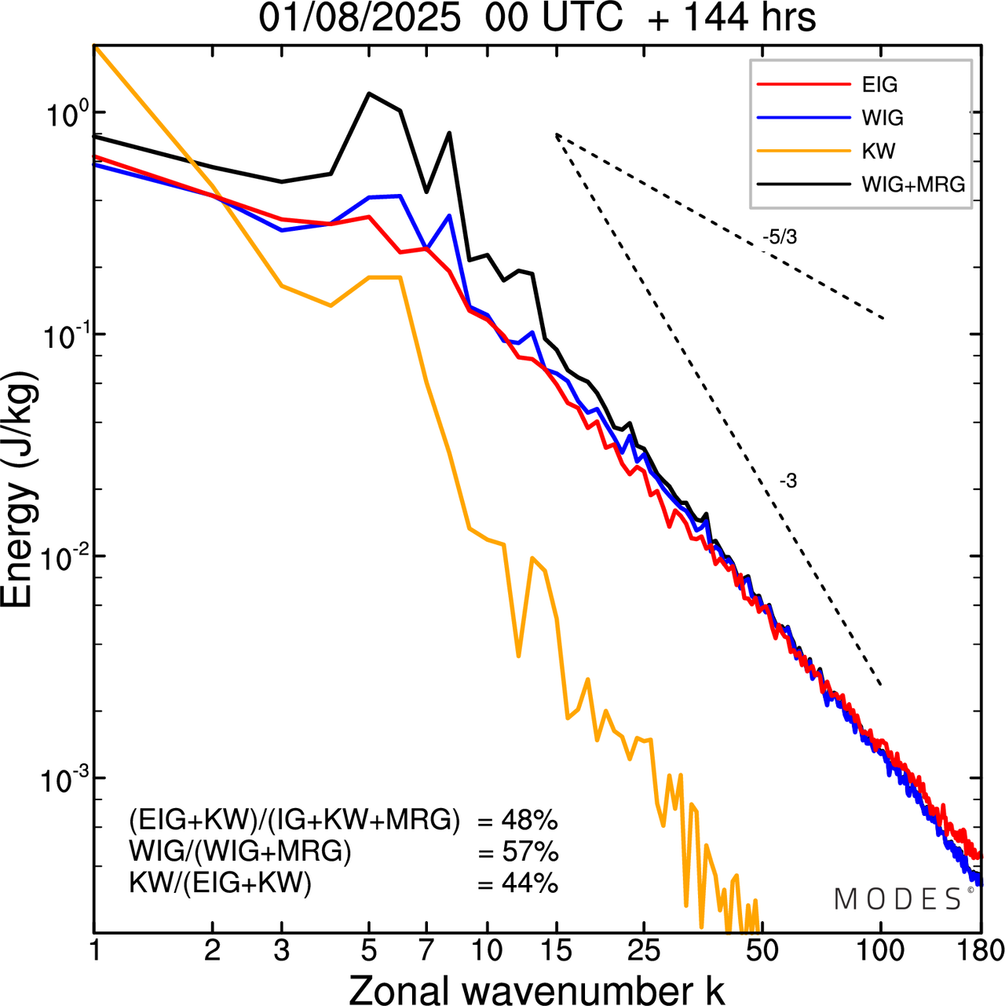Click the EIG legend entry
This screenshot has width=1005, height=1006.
[879, 85]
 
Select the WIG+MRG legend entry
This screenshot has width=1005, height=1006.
[913, 185]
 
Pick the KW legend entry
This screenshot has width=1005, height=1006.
[878, 151]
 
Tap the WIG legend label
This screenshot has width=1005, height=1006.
[883, 118]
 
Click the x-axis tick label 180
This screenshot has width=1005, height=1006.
[980, 951]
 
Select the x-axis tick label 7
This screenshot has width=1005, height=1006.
[426, 951]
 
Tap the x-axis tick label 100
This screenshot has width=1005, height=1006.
[880, 951]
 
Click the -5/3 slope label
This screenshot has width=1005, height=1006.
[780, 236]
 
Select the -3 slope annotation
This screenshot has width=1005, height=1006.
[788, 481]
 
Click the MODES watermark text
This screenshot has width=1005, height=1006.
[898, 899]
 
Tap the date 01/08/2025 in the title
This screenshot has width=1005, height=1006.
[360, 17]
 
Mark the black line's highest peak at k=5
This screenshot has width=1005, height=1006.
[369, 93]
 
